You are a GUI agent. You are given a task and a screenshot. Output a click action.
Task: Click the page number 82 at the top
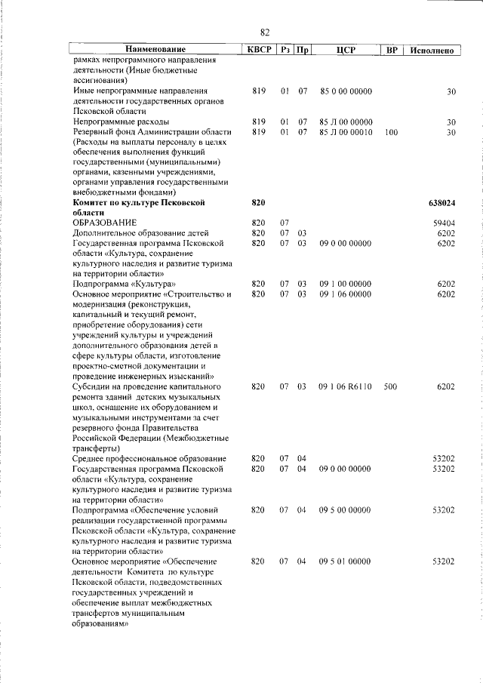click(x=264, y=32)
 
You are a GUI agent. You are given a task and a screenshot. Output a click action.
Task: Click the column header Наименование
click(x=155, y=51)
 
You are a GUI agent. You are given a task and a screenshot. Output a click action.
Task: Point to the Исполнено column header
click(x=432, y=51)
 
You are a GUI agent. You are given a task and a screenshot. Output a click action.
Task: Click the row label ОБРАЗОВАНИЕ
click(x=105, y=223)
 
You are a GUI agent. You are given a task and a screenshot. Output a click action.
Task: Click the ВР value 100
click(x=390, y=132)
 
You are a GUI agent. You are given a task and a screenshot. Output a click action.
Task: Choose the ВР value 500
click(x=390, y=386)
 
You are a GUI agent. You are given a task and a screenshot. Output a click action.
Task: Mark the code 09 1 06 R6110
click(x=346, y=386)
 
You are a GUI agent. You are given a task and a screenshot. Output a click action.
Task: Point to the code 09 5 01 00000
click(x=346, y=561)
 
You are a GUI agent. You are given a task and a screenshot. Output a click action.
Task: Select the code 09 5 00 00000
click(x=346, y=510)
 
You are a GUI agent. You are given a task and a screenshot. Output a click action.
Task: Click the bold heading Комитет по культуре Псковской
click(x=138, y=203)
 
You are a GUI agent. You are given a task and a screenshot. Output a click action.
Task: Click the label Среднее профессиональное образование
click(x=149, y=459)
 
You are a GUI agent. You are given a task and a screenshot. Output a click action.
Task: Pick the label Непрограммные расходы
click(x=121, y=122)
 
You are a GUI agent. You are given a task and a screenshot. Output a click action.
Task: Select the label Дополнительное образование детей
click(x=140, y=233)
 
